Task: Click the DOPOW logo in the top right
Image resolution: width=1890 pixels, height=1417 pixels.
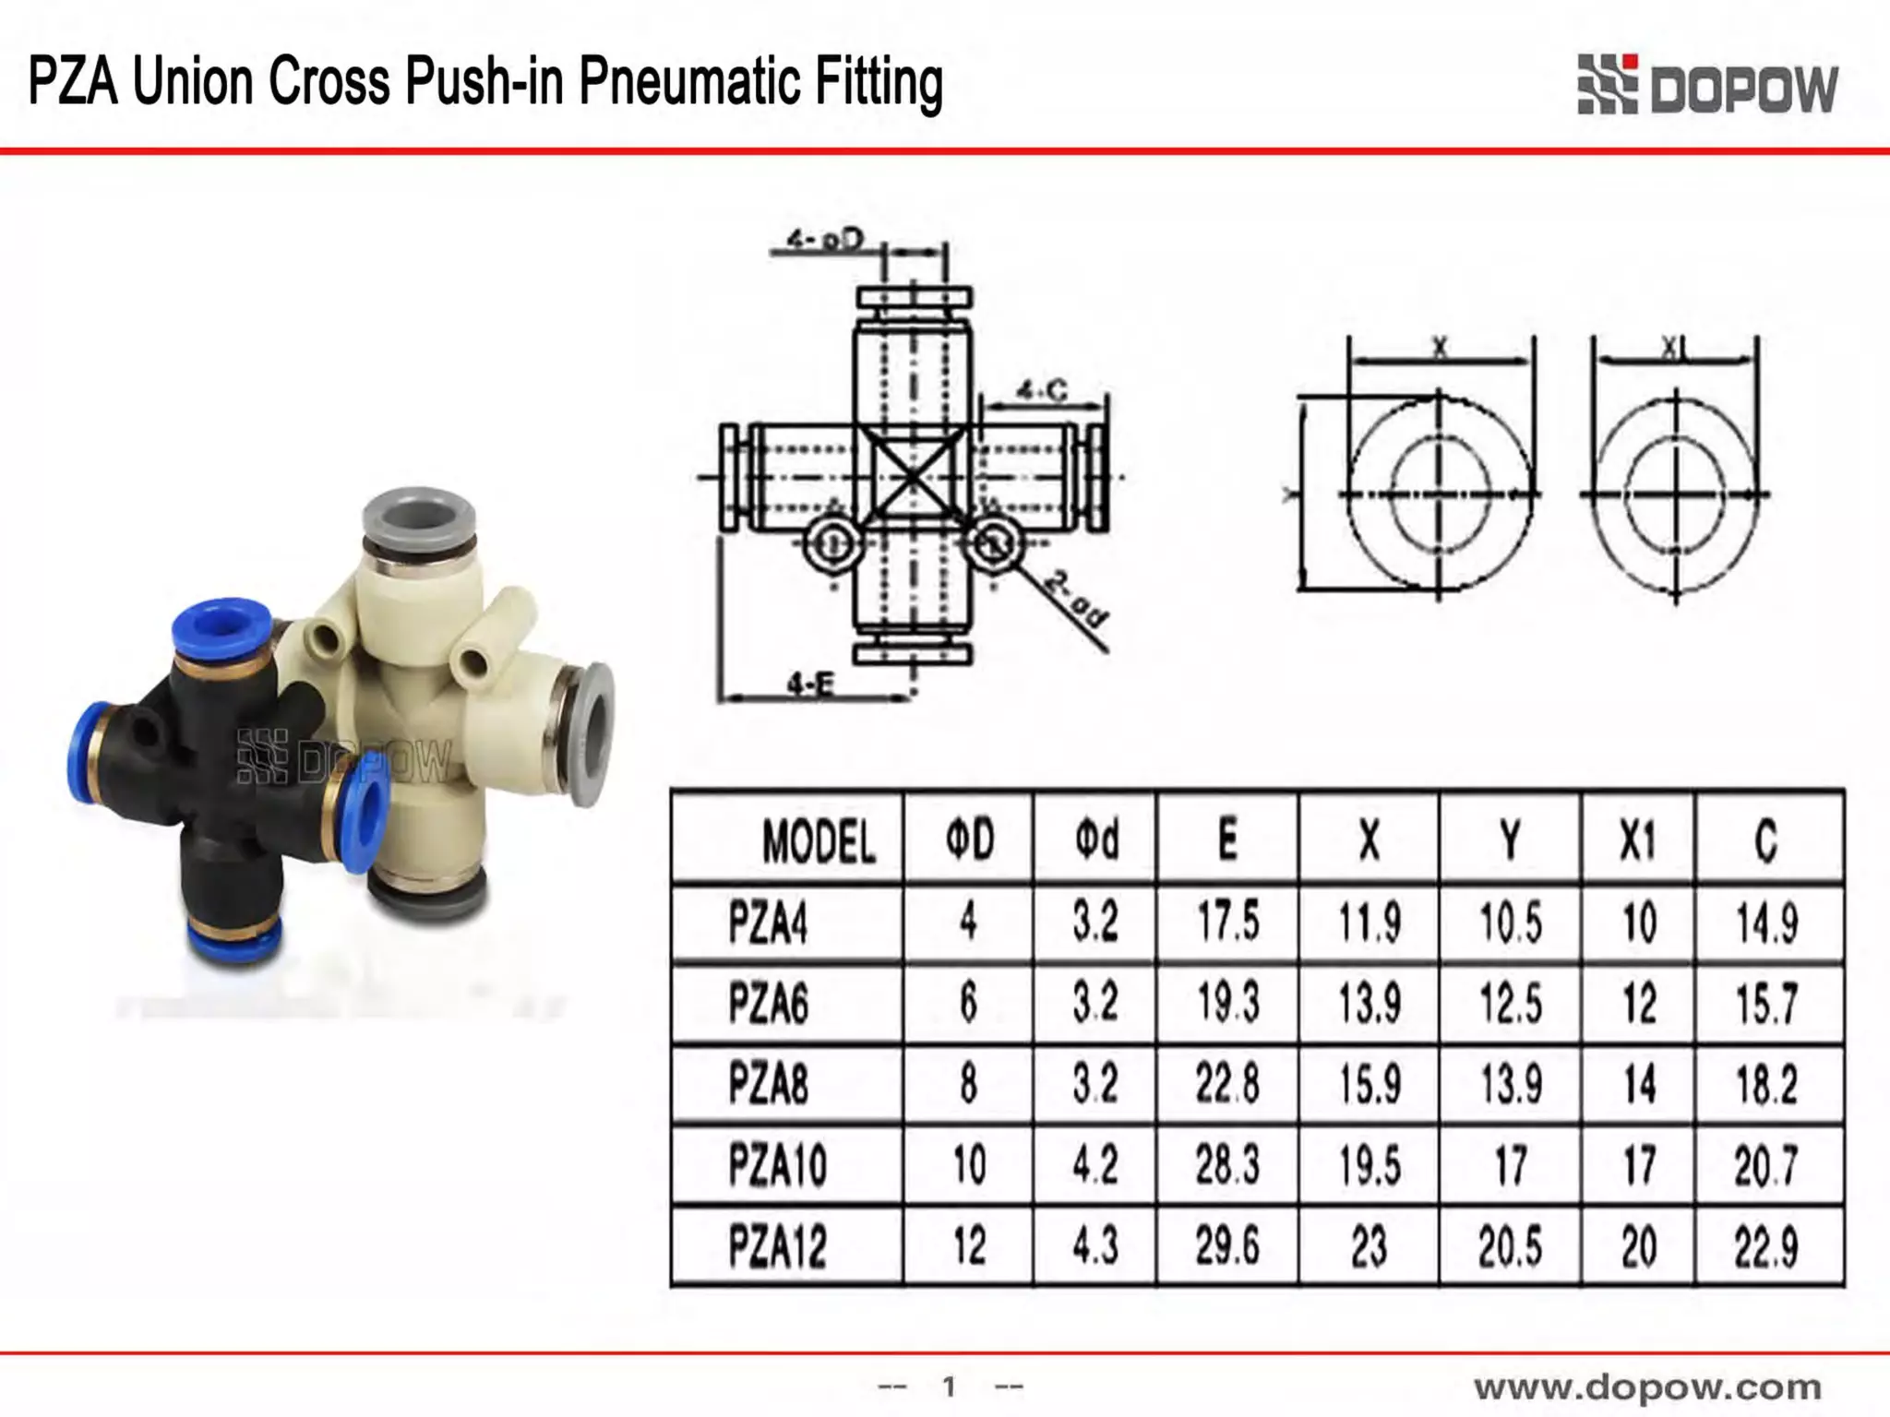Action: [1707, 86]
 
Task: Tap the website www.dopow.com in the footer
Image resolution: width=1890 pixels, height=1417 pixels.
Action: [1646, 1387]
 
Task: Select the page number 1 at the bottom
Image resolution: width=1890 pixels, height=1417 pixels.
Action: [949, 1386]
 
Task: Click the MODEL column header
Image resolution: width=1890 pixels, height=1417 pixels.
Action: [818, 840]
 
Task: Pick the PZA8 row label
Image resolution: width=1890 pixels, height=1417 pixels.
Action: [768, 1083]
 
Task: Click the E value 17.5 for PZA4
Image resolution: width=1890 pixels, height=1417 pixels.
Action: [1227, 922]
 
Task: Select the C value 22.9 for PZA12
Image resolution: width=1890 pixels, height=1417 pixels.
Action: [1765, 1247]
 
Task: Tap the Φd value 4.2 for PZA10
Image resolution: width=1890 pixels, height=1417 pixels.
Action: [1095, 1165]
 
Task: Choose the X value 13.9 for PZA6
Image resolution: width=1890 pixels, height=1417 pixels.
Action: [1370, 1003]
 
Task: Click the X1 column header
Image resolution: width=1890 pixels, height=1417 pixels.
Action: [1637, 840]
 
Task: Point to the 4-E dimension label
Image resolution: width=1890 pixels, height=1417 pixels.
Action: [810, 684]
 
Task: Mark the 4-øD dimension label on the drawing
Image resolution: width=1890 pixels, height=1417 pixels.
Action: [823, 240]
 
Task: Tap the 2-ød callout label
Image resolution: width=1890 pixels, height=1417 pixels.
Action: [1076, 600]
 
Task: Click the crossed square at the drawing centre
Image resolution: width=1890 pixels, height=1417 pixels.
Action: [913, 478]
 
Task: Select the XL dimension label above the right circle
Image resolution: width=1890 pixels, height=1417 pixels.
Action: [1674, 348]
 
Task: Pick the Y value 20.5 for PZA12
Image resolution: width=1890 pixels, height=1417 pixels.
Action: [1510, 1247]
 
